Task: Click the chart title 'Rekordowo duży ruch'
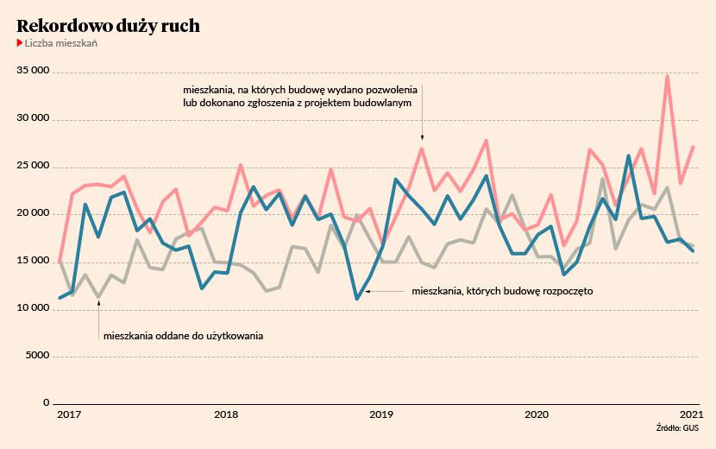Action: coord(109,26)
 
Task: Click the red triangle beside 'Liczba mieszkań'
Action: coord(20,43)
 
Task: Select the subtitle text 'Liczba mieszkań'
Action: coord(60,43)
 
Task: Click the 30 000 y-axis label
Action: coord(34,120)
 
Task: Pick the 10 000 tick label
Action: coord(34,308)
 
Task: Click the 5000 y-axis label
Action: coord(37,356)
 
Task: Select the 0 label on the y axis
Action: coord(47,403)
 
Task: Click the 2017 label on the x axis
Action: coord(69,415)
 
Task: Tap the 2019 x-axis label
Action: coord(380,415)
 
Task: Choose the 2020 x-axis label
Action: coord(537,415)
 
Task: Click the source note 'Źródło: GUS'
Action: coord(676,427)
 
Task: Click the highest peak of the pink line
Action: coord(667,76)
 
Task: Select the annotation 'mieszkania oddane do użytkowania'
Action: coord(183,335)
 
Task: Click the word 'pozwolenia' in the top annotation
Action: coord(392,89)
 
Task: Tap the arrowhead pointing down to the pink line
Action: coord(422,136)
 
